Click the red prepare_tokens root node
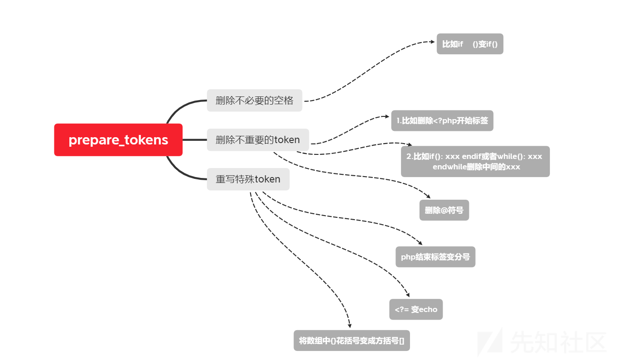click(x=118, y=139)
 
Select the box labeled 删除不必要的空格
click(x=255, y=100)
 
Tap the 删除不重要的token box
click(x=258, y=139)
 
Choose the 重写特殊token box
click(x=248, y=179)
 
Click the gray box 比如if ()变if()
click(x=470, y=44)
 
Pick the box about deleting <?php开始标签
click(x=442, y=120)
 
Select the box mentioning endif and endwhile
click(x=475, y=161)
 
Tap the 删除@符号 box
click(x=444, y=210)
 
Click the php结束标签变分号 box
click(x=435, y=257)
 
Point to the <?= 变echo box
click(x=416, y=309)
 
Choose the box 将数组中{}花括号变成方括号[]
click(x=352, y=341)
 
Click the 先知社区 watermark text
click(x=558, y=342)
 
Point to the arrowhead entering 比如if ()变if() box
click(x=433, y=42)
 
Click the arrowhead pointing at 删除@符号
click(x=428, y=196)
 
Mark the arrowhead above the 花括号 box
click(x=350, y=326)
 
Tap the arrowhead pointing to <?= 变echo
click(x=408, y=295)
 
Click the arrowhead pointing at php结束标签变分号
click(x=420, y=243)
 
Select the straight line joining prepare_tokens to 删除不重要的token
click(x=195, y=140)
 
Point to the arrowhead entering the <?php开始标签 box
click(x=387, y=116)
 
